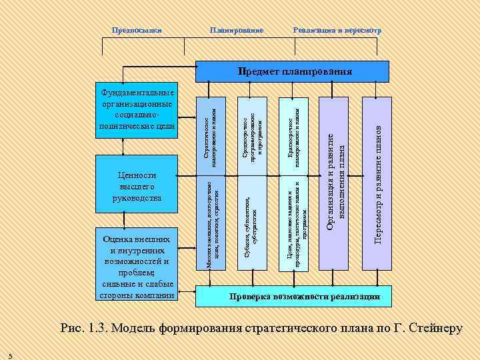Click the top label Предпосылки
tap(137, 31)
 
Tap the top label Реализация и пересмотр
tap(337, 31)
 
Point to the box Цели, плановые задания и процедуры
tap(294, 224)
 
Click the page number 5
tap(9, 354)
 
